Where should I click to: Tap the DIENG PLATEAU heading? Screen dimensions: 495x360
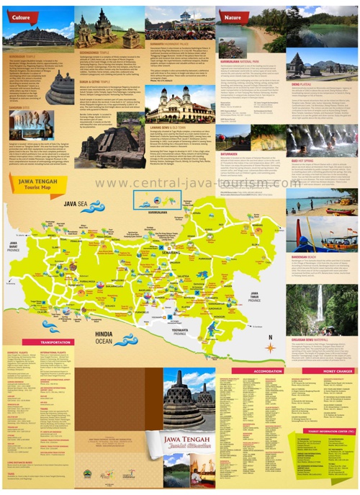click(x=301, y=85)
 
